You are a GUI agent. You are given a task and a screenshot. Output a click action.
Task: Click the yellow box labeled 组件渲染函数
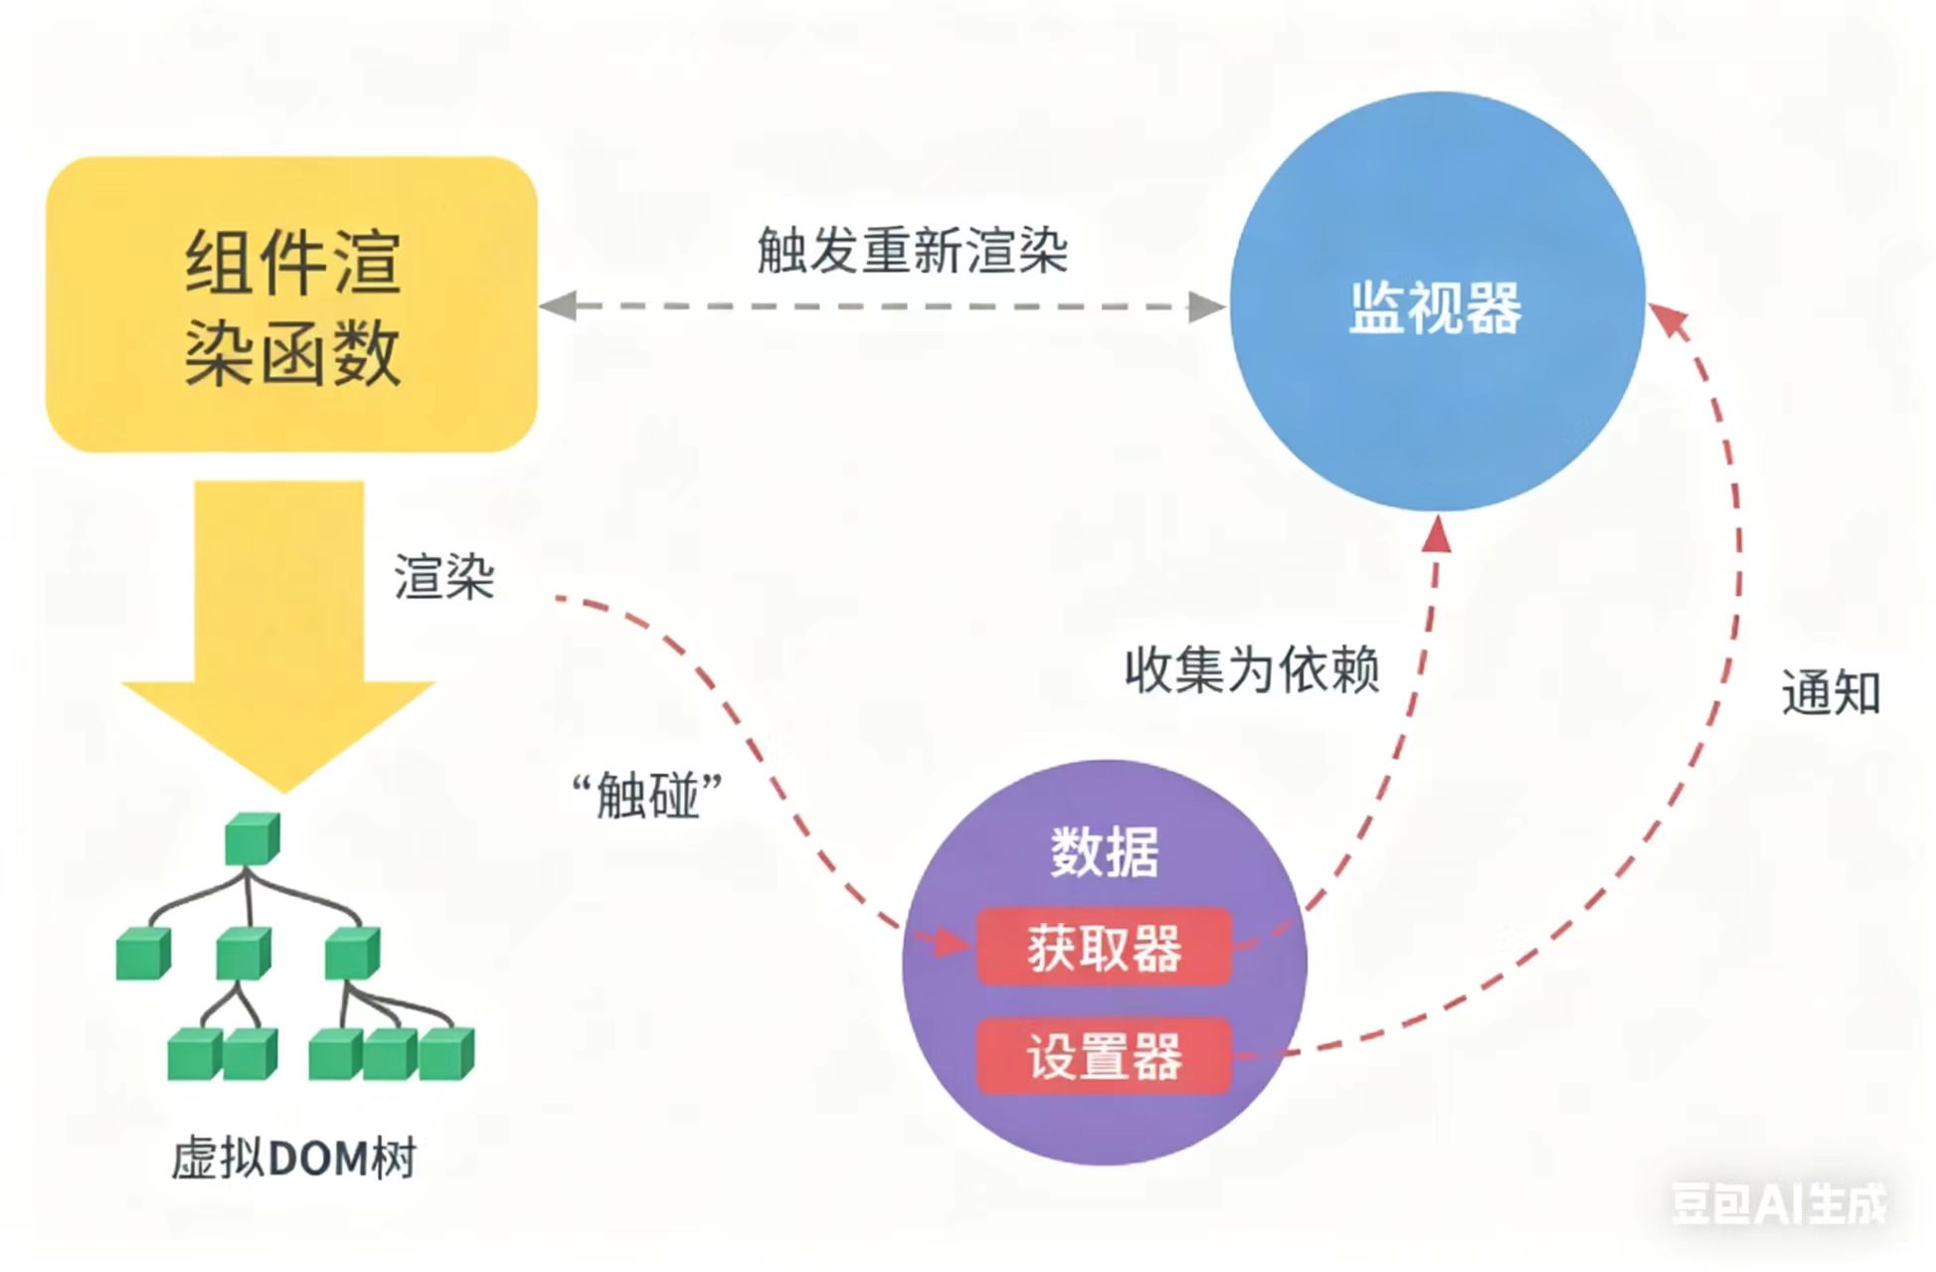(x=291, y=304)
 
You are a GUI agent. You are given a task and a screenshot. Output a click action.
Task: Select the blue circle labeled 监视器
(x=1436, y=302)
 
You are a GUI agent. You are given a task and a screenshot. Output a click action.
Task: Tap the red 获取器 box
(x=1104, y=947)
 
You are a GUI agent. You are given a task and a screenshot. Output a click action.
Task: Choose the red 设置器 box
(x=1104, y=1055)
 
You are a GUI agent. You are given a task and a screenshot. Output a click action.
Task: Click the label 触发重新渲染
(x=912, y=250)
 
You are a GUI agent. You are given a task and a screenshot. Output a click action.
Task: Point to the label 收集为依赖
(x=1252, y=669)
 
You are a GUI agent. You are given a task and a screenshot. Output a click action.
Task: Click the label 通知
(x=1831, y=693)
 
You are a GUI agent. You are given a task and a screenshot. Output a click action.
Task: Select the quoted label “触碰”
(x=647, y=796)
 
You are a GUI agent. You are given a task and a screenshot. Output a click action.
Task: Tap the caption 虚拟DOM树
(x=293, y=1159)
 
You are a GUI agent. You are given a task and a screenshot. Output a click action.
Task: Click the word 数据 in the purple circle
(x=1104, y=852)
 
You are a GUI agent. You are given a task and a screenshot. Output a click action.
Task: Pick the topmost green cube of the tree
(x=252, y=839)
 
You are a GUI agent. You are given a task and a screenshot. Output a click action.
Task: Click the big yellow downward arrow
(x=279, y=636)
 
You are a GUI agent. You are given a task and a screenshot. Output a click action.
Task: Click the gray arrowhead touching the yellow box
(x=557, y=305)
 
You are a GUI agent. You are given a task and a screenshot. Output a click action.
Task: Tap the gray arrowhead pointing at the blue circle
(x=1206, y=306)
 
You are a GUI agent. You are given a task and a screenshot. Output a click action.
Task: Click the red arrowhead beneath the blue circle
(x=1437, y=535)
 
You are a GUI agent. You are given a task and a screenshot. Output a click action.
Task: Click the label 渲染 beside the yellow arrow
(x=443, y=577)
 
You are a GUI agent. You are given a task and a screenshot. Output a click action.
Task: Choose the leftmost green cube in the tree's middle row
(x=142, y=954)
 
